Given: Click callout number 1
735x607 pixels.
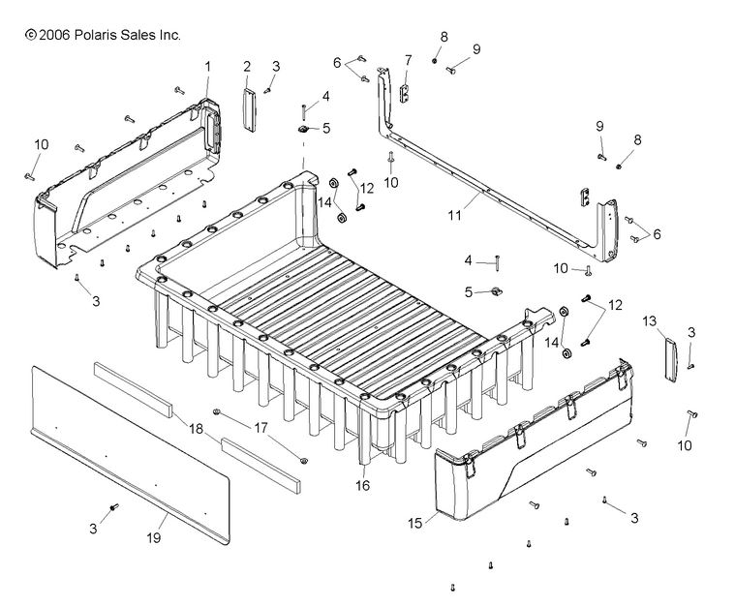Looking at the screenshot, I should (x=207, y=66).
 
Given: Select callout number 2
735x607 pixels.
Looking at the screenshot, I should (x=247, y=66).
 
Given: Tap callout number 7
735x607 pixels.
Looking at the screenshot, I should (x=408, y=59).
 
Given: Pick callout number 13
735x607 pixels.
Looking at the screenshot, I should (x=649, y=320).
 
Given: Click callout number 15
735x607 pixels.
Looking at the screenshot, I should (x=415, y=523).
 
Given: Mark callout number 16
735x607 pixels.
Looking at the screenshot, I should (x=363, y=485).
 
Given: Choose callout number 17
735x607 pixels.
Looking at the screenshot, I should (x=261, y=426).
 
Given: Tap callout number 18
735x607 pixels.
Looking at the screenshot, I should (x=197, y=428).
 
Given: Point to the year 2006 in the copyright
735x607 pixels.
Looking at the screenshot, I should (x=53, y=35).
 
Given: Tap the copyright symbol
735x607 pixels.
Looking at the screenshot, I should (x=30, y=35).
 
